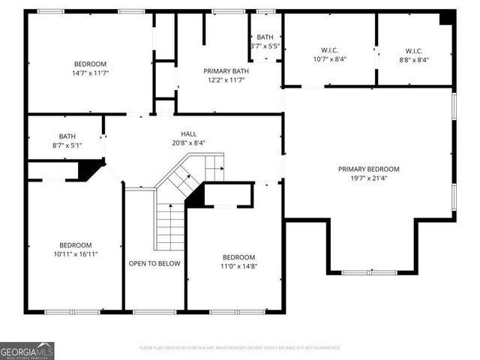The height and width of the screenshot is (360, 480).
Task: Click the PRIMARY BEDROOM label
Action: [x=368, y=169]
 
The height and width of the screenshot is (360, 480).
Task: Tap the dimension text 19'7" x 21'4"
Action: [x=368, y=179]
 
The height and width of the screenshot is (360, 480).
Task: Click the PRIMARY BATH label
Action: [x=226, y=71]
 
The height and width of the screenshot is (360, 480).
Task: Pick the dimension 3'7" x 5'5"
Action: [x=265, y=46]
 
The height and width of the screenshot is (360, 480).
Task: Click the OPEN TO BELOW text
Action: [x=154, y=263]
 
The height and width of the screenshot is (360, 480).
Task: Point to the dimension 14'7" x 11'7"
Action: [x=90, y=73]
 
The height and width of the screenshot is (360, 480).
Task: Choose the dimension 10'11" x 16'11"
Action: [x=76, y=254]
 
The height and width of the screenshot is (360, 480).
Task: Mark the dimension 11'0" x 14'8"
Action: [x=238, y=266]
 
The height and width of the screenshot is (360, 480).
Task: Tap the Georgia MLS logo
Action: [x=27, y=350]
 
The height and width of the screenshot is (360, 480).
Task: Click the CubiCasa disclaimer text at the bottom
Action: [x=240, y=348]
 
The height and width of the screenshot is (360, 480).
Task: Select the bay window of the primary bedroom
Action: [x=370, y=272]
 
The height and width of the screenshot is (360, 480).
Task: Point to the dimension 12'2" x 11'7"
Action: [x=226, y=81]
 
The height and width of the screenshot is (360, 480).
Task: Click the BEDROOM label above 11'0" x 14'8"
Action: [x=238, y=256]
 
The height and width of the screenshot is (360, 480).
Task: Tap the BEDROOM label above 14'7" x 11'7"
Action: [x=90, y=64]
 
